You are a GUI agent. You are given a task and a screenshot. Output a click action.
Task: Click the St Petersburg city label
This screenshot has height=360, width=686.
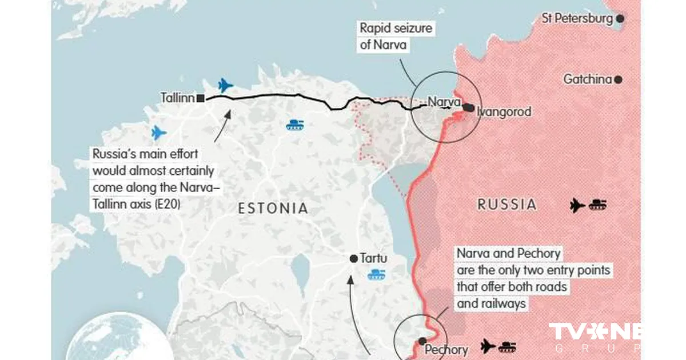(577, 19)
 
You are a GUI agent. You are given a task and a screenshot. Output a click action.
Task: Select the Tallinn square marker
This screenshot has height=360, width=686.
(201, 98)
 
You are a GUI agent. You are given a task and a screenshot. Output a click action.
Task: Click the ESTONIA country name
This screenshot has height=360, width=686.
(273, 209)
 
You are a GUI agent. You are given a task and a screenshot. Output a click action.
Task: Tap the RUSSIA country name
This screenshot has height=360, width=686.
(507, 205)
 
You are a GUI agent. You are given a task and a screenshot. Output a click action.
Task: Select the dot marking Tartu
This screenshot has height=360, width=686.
(354, 259)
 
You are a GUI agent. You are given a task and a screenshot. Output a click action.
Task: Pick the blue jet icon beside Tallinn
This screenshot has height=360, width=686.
(226, 86)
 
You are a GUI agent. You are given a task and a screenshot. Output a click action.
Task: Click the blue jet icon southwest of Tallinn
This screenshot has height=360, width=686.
(159, 133)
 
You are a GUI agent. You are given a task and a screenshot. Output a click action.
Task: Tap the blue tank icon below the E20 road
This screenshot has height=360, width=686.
(295, 125)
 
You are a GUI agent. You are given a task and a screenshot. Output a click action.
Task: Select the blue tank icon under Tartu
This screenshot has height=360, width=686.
(377, 275)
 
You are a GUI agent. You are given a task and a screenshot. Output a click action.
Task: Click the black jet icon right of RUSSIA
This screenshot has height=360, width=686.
(578, 205)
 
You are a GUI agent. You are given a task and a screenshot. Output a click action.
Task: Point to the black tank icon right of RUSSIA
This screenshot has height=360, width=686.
(598, 205)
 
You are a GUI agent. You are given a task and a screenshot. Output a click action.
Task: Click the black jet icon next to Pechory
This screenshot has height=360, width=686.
(488, 346)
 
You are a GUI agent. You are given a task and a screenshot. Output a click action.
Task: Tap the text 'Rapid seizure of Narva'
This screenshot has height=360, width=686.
(396, 36)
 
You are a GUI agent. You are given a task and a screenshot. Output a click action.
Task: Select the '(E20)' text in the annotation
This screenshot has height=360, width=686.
(166, 203)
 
